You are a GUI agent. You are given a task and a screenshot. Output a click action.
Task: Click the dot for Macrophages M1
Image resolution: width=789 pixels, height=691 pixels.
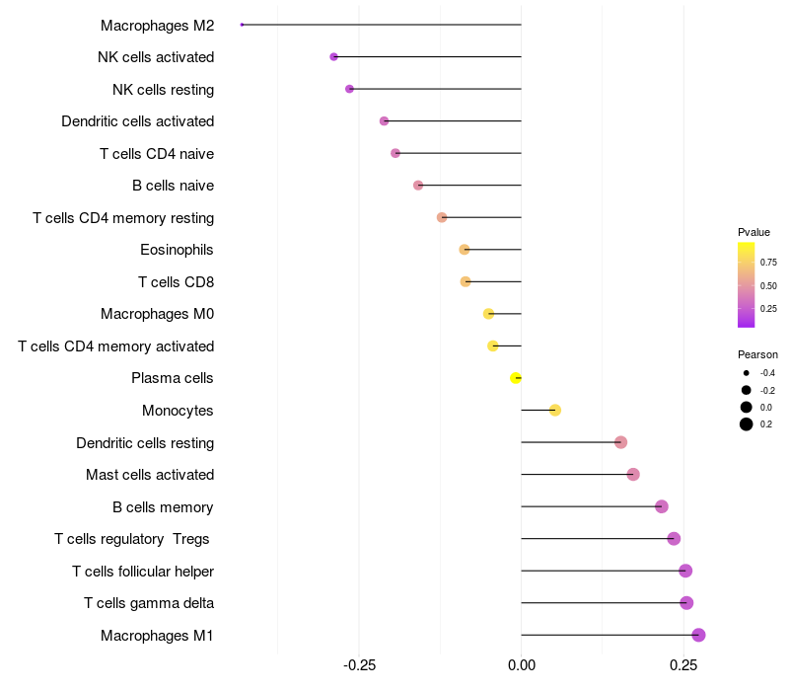point(698,635)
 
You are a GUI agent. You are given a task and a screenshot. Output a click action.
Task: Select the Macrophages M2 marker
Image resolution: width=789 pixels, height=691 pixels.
point(242,25)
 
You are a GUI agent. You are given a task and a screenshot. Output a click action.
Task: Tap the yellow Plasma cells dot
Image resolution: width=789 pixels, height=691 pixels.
point(515,378)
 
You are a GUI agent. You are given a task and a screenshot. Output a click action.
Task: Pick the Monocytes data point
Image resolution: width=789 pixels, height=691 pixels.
point(554,410)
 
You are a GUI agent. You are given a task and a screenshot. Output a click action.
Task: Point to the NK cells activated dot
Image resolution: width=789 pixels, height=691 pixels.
point(333,57)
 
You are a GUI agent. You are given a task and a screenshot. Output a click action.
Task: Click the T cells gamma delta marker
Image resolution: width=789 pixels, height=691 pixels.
point(686,603)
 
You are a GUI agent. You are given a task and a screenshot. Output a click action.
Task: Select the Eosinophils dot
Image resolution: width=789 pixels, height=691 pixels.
point(465,250)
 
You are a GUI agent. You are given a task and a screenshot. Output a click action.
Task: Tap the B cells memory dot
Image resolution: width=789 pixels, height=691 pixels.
point(661,506)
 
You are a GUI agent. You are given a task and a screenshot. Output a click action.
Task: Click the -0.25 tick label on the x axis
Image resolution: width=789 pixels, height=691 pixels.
point(358,666)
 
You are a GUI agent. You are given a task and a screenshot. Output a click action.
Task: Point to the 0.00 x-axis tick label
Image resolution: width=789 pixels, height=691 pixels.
point(521,666)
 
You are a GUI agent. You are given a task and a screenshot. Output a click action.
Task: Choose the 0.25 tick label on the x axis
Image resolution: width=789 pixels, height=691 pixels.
point(682,666)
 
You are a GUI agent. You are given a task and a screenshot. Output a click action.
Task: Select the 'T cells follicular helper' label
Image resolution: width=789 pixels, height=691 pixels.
point(143,572)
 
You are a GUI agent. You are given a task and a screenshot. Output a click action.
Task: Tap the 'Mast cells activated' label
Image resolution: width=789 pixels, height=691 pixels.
point(150,475)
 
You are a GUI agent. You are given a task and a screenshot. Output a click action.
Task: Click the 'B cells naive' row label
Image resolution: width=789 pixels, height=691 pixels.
point(173,186)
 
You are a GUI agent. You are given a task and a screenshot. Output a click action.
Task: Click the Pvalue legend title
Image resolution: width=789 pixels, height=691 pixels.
point(753,232)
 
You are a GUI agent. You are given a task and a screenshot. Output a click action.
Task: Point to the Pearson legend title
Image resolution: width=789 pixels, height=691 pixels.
point(757,354)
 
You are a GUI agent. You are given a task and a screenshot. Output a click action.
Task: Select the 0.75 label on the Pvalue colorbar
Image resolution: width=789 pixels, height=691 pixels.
point(768,262)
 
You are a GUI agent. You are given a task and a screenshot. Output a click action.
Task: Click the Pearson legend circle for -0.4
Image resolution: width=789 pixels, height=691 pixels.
point(747,373)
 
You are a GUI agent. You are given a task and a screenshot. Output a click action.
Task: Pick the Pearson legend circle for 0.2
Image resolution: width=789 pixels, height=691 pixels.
point(747,424)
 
